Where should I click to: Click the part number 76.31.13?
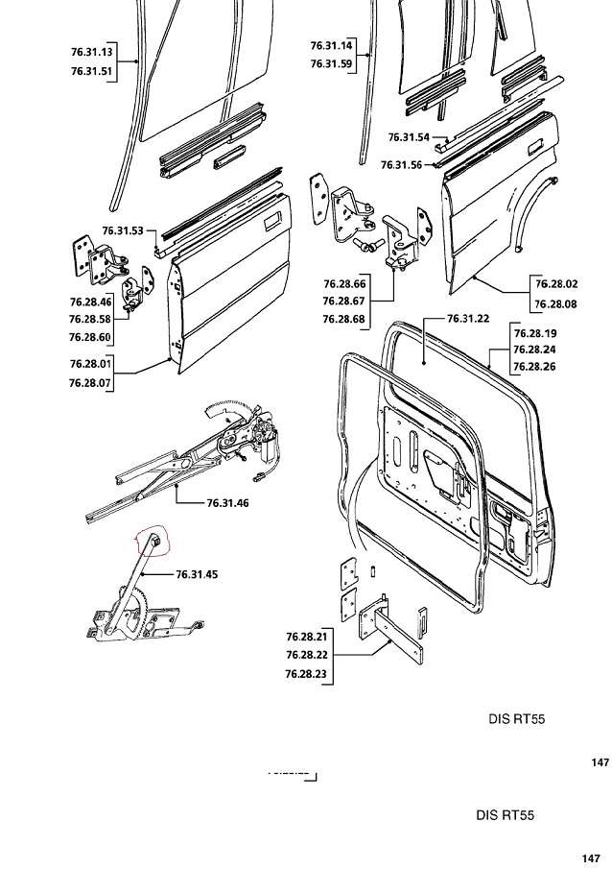tap(92, 52)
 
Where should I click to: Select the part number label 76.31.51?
tap(92, 70)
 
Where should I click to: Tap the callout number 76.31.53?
tap(122, 230)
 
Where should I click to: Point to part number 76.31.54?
tap(410, 137)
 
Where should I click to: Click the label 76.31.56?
tap(401, 164)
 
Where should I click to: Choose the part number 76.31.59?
tap(332, 63)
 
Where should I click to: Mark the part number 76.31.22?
tap(469, 319)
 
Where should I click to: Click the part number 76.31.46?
tap(229, 502)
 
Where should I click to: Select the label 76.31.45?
tap(198, 574)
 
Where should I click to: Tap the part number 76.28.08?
tap(557, 302)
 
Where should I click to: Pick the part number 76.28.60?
tap(91, 337)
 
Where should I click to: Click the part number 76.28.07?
tap(91, 382)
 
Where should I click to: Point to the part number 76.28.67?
tap(345, 302)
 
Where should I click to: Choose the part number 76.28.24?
tap(533, 350)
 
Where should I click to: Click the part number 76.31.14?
tap(332, 45)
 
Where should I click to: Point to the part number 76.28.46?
tap(91, 302)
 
